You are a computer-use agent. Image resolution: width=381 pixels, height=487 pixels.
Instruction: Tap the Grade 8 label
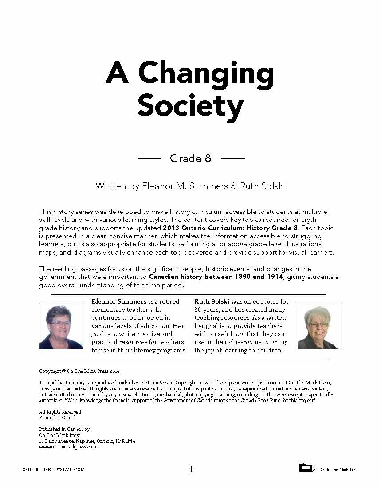pyautogui.click(x=190, y=158)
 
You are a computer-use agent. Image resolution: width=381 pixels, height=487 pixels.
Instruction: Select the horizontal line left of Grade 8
pyautogui.click(x=149, y=158)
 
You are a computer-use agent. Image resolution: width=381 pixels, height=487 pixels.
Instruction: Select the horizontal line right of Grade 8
pyautogui.click(x=233, y=158)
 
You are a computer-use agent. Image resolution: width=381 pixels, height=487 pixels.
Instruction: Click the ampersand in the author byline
pyautogui.click(x=234, y=186)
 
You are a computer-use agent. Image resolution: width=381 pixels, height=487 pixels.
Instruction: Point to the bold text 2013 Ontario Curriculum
pyautogui.click(x=211, y=228)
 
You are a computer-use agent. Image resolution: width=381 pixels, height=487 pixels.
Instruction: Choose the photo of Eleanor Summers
pyautogui.click(x=61, y=326)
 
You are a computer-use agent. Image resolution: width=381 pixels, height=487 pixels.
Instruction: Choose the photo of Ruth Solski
pyautogui.click(x=319, y=326)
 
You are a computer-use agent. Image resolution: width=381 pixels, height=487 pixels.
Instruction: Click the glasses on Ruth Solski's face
pyautogui.click(x=319, y=324)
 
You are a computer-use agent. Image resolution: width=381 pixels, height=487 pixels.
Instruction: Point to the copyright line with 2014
pyautogui.click(x=79, y=371)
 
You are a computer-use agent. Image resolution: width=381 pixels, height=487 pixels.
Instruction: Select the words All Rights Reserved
pyautogui.click(x=60, y=412)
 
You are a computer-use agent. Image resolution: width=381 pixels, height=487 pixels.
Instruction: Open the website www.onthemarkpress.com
pyautogui.click(x=67, y=447)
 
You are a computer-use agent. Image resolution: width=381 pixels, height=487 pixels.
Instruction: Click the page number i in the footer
pyautogui.click(x=191, y=469)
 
